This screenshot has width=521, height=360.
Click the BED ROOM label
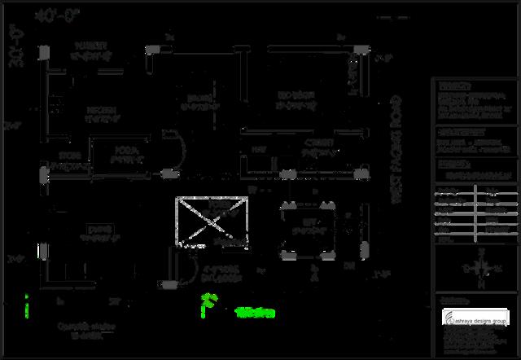click(x=295, y=101)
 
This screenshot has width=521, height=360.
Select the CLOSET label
click(x=317, y=145)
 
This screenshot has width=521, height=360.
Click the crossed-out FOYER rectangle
click(x=211, y=221)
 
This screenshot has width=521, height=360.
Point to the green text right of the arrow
click(x=255, y=312)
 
